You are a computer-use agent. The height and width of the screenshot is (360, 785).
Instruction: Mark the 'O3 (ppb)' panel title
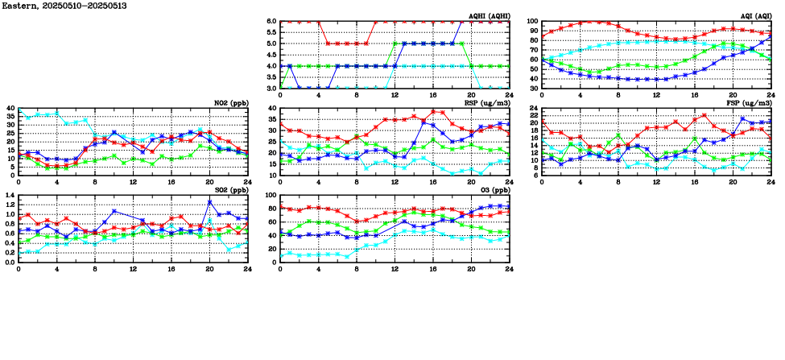494,190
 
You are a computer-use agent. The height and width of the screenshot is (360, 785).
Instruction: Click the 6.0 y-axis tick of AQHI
271,22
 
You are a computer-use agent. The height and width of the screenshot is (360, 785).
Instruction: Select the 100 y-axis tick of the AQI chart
532,22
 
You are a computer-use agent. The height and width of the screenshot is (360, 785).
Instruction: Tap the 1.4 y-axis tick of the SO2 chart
10,196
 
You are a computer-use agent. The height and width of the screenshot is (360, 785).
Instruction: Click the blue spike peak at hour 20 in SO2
209,201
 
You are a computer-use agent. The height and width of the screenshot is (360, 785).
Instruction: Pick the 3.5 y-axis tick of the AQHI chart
271,77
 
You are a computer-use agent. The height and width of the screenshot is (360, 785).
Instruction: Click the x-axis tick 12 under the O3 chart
395,270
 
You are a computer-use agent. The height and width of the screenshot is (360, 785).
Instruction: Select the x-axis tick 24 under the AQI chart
771,96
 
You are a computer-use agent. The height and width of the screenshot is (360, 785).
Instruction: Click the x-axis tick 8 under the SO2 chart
95,270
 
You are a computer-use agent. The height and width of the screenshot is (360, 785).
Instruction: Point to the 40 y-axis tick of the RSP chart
271,109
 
